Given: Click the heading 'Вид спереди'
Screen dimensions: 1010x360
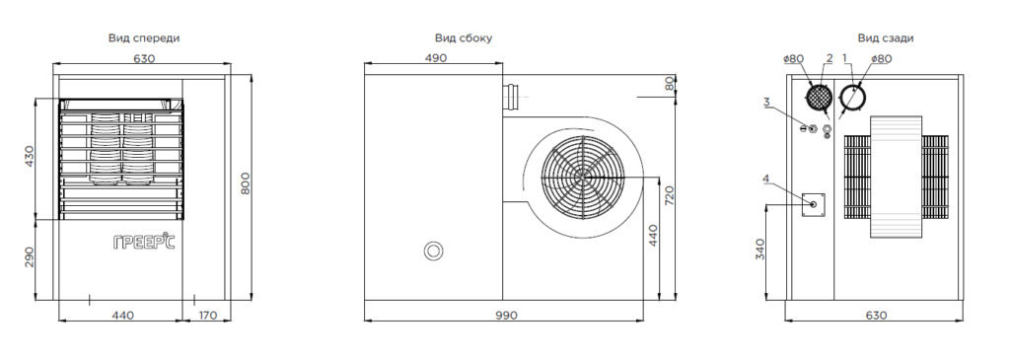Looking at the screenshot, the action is tap(144, 38).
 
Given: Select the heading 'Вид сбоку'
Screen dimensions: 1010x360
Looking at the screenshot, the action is tap(464, 38).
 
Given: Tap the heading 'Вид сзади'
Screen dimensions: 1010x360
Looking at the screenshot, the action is tap(885, 38).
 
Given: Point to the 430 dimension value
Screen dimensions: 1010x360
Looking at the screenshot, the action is tap(29, 157).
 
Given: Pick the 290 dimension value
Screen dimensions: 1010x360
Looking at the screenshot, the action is tap(29, 257).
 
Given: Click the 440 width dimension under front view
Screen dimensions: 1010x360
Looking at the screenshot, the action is tap(123, 316).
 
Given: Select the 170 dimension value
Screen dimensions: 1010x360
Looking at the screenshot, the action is tap(207, 316).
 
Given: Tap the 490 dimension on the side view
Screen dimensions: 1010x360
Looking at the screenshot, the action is tap(435, 58).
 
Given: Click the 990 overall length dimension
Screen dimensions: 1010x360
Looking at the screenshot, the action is tap(506, 316).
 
